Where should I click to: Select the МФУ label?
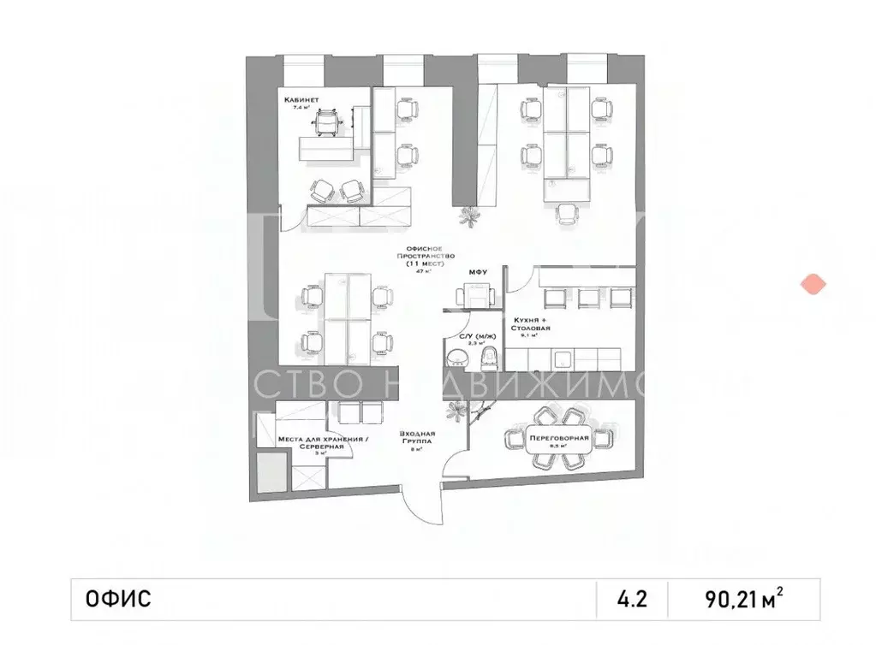[477, 273]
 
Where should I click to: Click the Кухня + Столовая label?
[531, 322]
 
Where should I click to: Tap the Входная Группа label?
[417, 437]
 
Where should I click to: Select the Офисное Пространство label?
[424, 257]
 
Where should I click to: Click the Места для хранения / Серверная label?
[311, 444]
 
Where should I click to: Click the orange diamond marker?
[810, 284]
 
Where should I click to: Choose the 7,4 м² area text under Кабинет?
[302, 109]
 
